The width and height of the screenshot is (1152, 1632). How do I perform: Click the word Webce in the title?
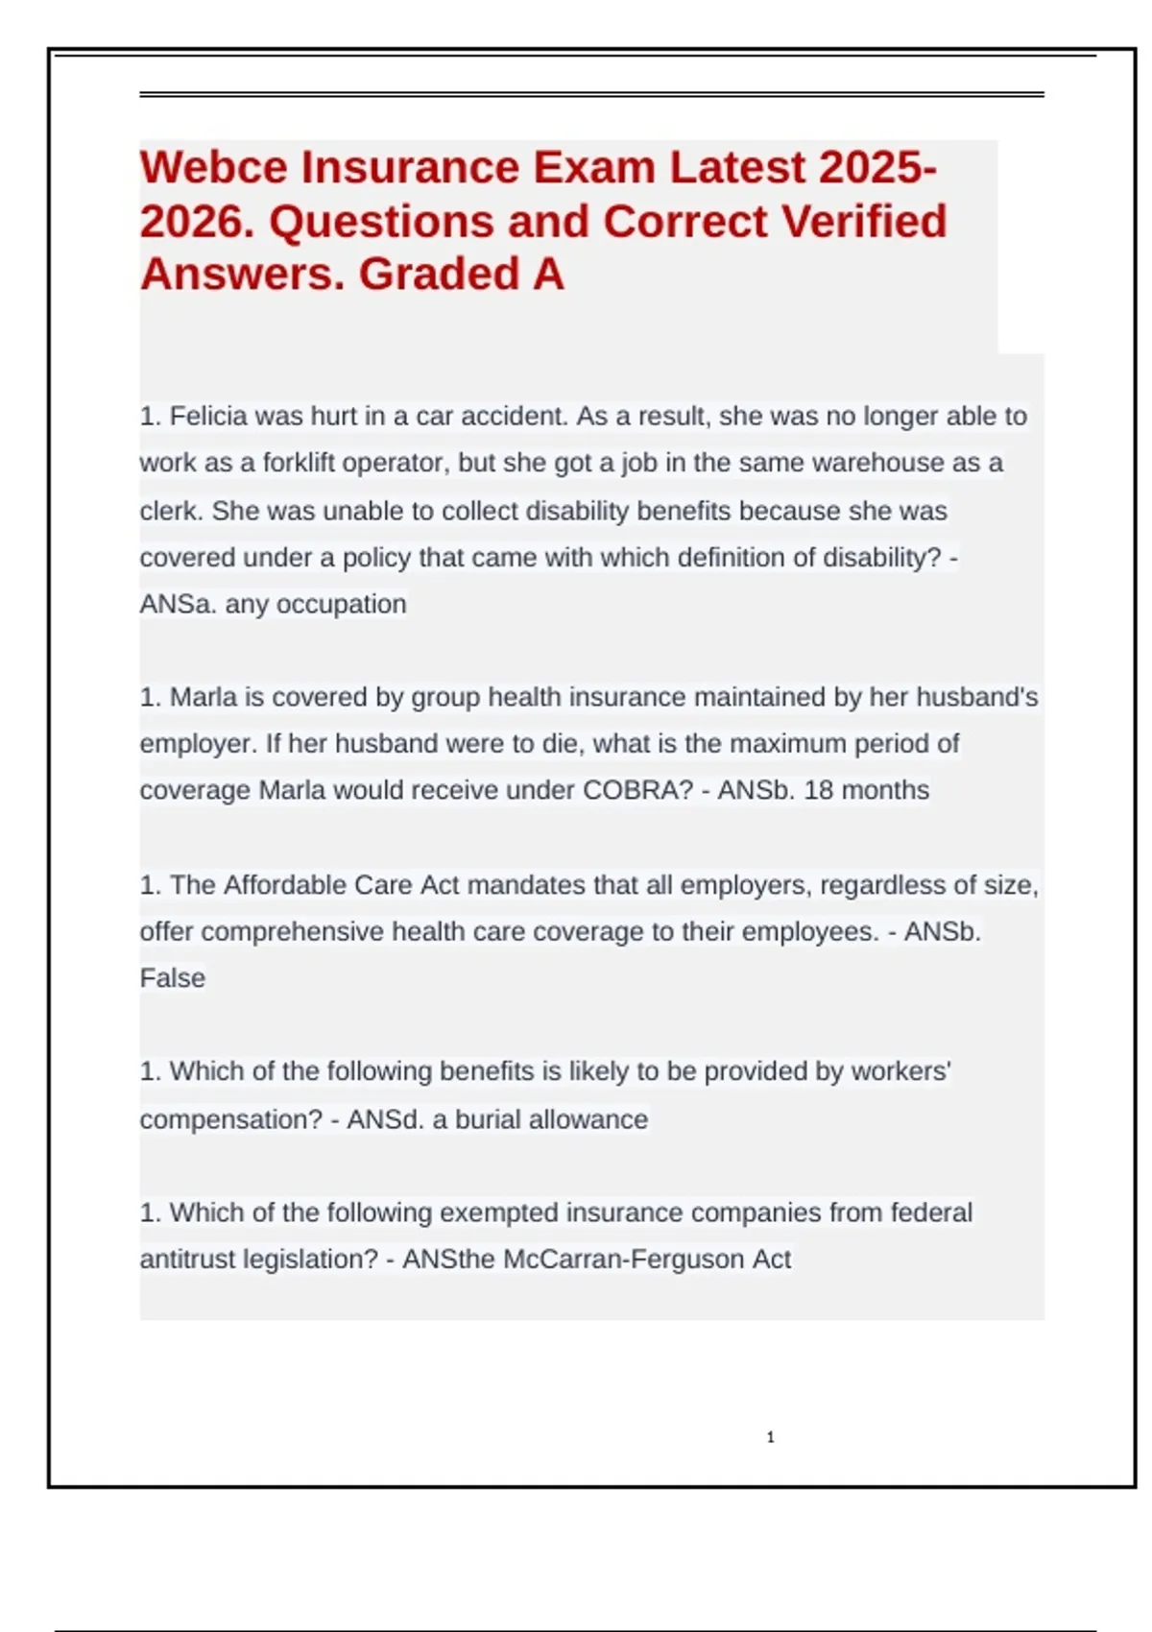[213, 168]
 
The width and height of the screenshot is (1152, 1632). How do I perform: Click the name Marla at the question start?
[203, 697]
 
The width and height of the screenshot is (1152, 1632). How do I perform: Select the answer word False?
[173, 978]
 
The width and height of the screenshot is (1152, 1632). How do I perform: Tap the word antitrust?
[188, 1260]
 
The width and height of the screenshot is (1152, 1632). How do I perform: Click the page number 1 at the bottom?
[770, 1437]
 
